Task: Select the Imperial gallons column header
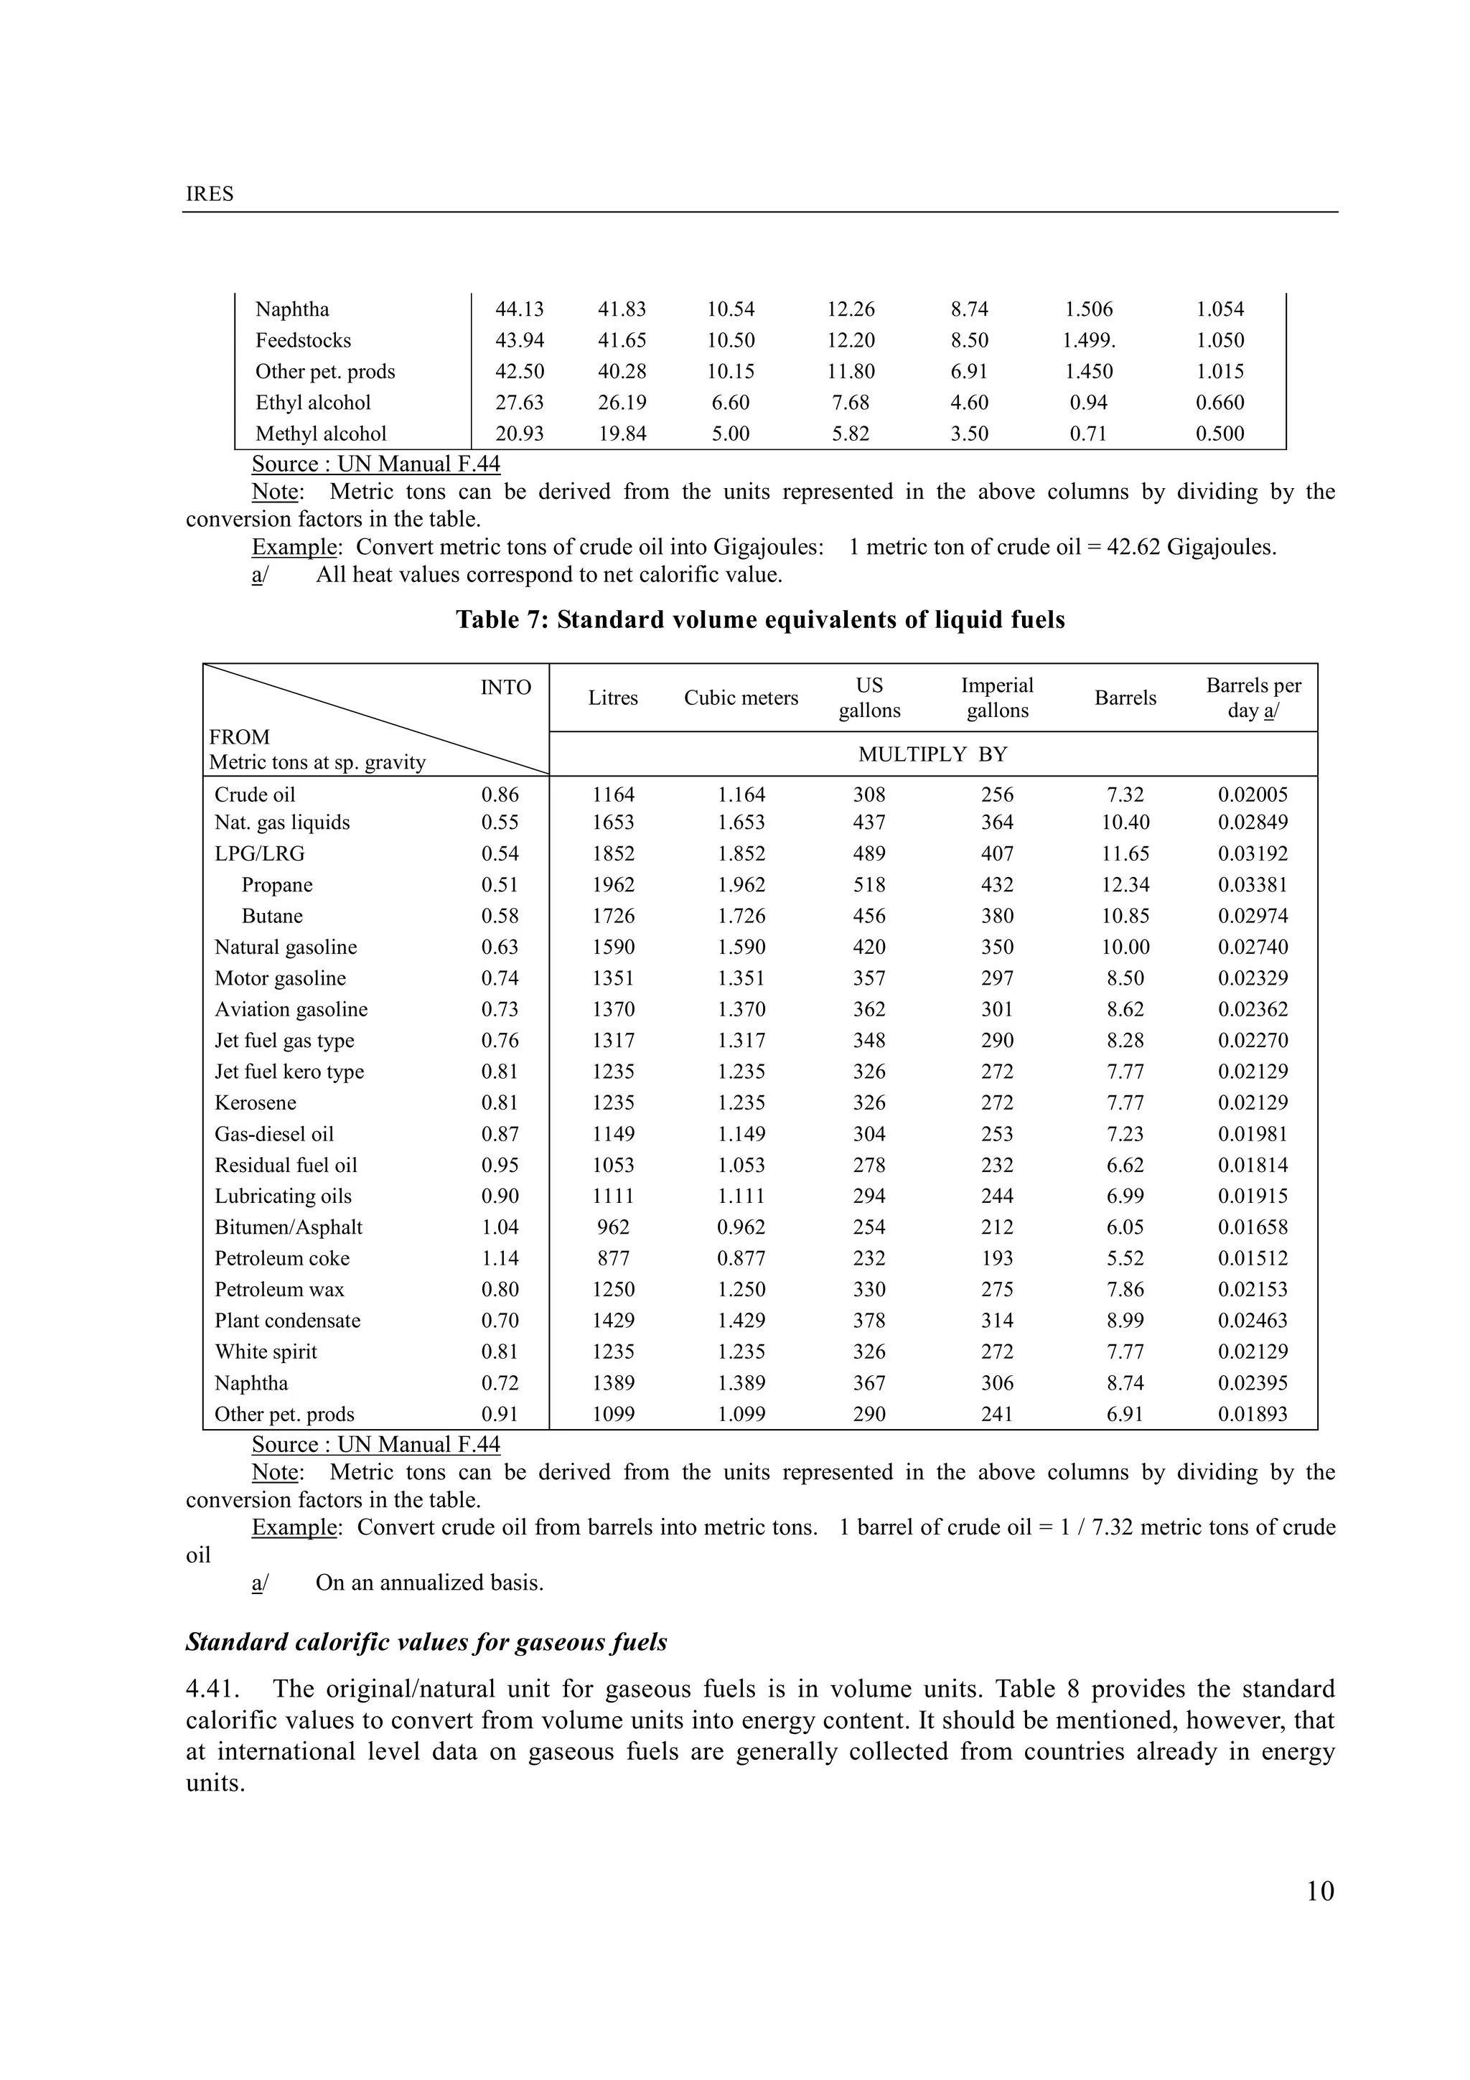(x=996, y=698)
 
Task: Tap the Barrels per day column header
(x=1253, y=698)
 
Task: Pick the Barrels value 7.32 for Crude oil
(x=1125, y=795)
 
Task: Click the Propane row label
(x=276, y=885)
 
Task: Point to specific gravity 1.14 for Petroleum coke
(x=500, y=1258)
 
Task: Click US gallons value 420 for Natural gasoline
(x=869, y=947)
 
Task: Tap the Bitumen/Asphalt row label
(x=288, y=1227)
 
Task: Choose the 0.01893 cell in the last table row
(x=1252, y=1414)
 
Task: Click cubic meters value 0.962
(x=741, y=1227)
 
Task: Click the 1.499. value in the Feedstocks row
(x=1089, y=341)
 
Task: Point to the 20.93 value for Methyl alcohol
(x=519, y=434)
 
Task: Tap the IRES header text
(x=209, y=194)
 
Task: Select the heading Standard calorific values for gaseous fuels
(x=426, y=1642)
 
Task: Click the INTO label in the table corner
(x=505, y=688)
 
